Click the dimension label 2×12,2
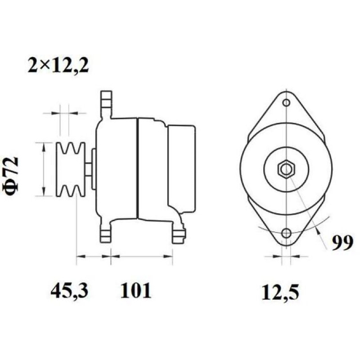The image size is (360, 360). click(x=58, y=65)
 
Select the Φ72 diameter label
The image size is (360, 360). click(x=10, y=176)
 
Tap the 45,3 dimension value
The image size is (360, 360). click(x=69, y=290)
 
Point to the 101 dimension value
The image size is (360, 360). click(x=136, y=290)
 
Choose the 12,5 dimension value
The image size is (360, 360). click(x=280, y=292)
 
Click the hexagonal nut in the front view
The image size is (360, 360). click(x=286, y=170)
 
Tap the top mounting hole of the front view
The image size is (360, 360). click(x=286, y=103)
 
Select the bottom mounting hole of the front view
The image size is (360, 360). click(x=286, y=234)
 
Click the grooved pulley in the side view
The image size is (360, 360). click(x=71, y=170)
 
